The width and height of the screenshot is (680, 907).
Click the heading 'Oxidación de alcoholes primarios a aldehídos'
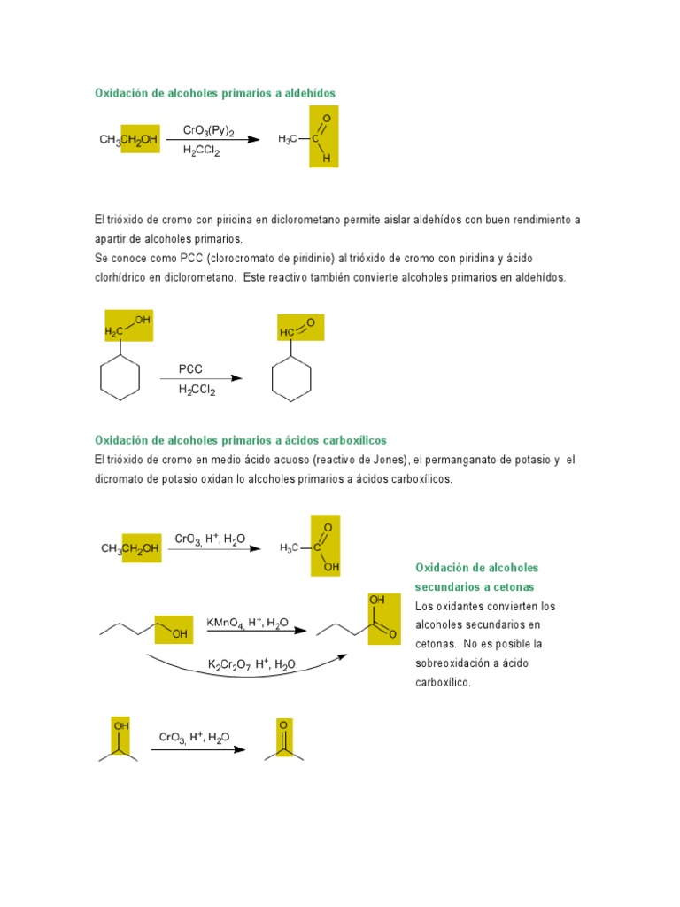[215, 93]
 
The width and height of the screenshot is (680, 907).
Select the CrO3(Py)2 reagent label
[208, 131]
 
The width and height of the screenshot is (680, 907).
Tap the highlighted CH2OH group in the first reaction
[140, 139]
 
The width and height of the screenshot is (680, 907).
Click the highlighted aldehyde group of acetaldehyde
[324, 137]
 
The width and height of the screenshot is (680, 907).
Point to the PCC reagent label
[190, 369]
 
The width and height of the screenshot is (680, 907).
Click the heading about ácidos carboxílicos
[240, 440]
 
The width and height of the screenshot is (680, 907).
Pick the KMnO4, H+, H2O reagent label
[247, 624]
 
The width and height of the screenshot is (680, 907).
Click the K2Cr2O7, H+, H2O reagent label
[252, 664]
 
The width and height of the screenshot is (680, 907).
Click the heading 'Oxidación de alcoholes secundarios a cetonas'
[477, 578]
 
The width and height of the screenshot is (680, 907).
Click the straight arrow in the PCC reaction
[200, 379]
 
